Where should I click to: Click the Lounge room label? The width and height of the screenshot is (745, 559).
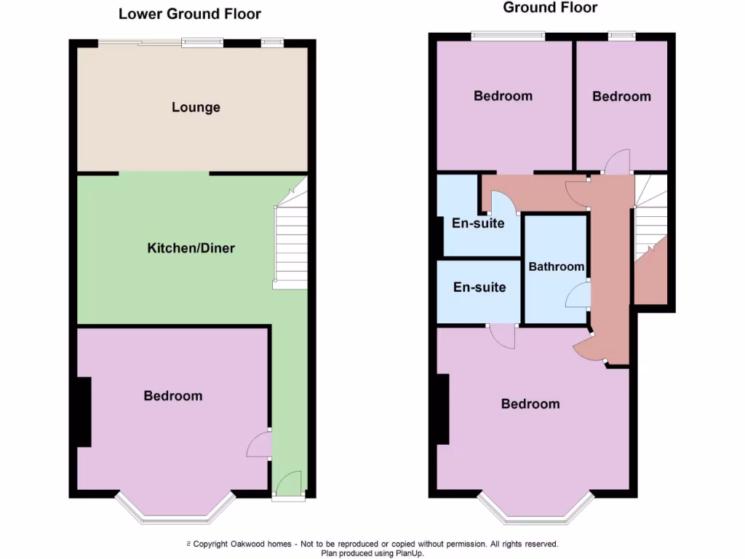tap(196, 108)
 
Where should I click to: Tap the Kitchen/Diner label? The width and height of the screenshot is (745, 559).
tap(191, 248)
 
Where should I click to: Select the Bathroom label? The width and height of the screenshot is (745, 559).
tap(557, 266)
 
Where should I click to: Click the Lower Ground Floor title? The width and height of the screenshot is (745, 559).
tap(190, 14)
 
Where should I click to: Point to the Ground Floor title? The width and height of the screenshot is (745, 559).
tap(550, 8)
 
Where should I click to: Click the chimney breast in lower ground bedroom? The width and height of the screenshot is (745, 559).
tap(84, 411)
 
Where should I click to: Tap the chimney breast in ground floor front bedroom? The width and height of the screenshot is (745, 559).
tap(442, 408)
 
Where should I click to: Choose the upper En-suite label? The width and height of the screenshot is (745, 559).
tap(478, 223)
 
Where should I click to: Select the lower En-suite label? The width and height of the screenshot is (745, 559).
tap(479, 288)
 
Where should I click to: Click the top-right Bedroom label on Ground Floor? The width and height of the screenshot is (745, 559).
tap(621, 97)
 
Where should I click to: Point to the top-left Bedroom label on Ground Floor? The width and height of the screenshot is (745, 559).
tap(503, 96)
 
